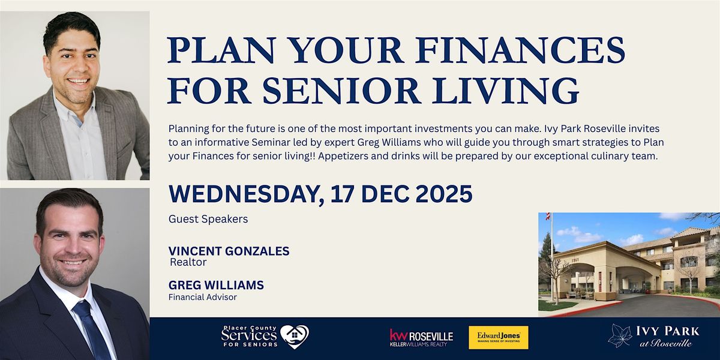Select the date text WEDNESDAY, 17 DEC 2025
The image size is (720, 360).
pyautogui.click(x=320, y=194)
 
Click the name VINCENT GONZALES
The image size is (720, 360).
pyautogui.click(x=229, y=251)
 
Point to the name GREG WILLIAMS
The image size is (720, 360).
pyautogui.click(x=217, y=284)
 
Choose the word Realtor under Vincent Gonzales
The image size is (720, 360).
pyautogui.click(x=188, y=262)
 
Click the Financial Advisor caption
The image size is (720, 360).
pyautogui.click(x=203, y=296)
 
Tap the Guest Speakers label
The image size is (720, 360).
pyautogui.click(x=208, y=219)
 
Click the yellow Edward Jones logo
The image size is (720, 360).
pyautogui.click(x=498, y=337)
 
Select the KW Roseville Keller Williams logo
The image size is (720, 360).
pyautogui.click(x=421, y=338)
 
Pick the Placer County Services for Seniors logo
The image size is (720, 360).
pyautogui.click(x=264, y=337)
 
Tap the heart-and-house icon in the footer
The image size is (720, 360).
pyautogui.click(x=295, y=337)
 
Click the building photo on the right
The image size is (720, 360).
pyautogui.click(x=629, y=264)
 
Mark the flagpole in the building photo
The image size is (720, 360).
pyautogui.click(x=551, y=258)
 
